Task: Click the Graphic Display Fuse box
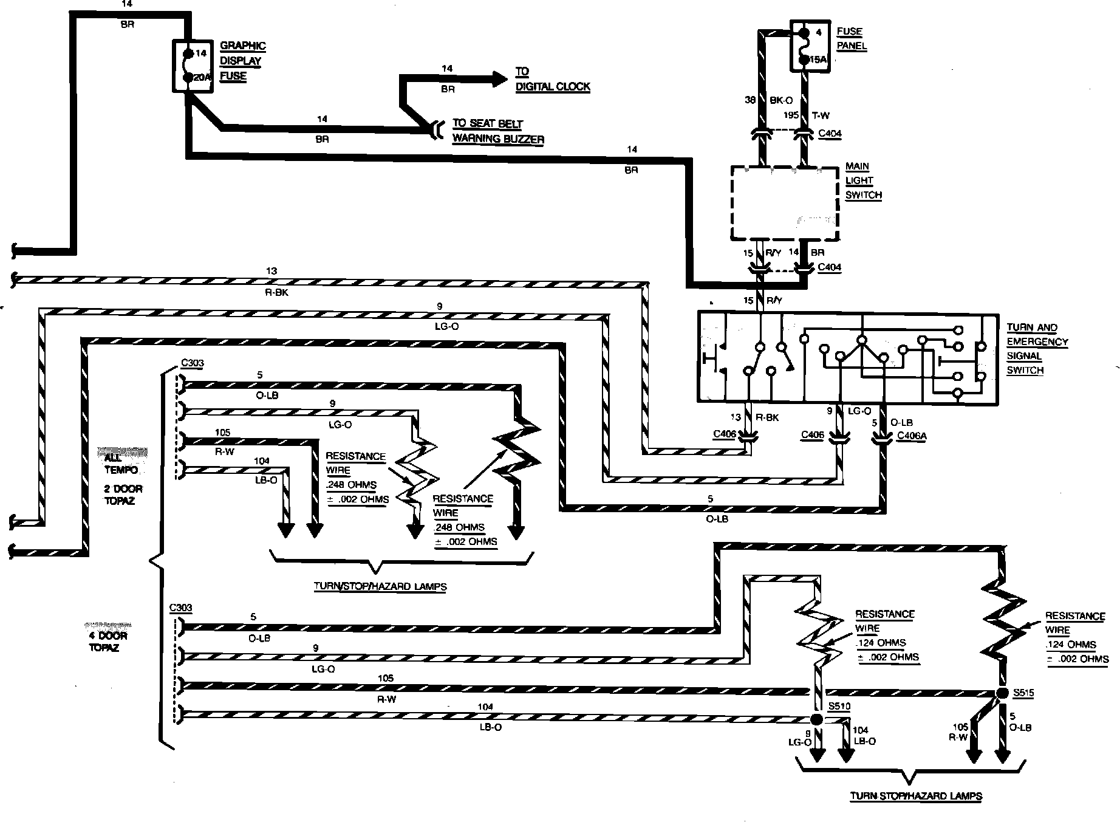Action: point(193,66)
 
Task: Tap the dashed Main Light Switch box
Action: point(785,204)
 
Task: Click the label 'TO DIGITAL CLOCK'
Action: point(552,80)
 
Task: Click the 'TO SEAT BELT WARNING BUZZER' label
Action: point(497,131)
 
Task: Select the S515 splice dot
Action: point(1002,693)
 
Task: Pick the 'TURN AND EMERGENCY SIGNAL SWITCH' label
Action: point(1037,349)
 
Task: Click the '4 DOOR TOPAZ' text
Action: point(108,642)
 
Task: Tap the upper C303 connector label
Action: point(192,363)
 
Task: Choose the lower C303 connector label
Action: point(181,608)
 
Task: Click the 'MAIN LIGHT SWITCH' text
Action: point(862,180)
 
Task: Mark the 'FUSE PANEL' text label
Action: point(851,39)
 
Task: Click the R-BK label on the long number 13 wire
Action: point(273,292)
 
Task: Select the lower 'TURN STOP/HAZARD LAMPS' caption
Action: point(915,796)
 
